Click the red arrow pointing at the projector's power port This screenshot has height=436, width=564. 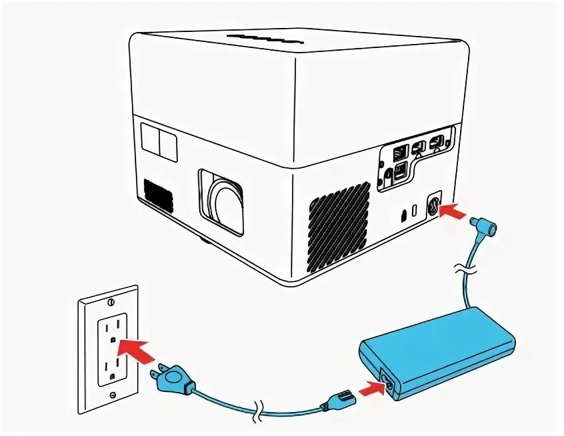tap(456, 211)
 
